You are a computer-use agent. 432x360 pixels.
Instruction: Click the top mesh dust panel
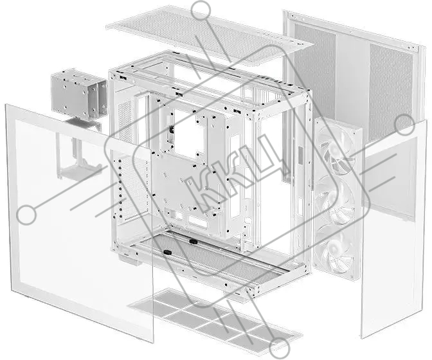point(210,36)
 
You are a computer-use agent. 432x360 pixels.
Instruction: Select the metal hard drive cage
point(79,94)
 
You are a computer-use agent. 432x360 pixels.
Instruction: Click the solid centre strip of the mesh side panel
point(352,83)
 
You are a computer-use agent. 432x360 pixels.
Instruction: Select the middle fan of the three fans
point(337,200)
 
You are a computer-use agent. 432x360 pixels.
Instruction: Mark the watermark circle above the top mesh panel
point(201,10)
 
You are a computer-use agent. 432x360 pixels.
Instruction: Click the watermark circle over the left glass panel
point(26,215)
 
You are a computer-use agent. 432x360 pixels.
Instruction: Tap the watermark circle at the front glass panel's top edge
point(404,125)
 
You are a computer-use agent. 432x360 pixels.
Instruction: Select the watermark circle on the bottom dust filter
point(279,348)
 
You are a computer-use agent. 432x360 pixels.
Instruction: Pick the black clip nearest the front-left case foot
point(167,252)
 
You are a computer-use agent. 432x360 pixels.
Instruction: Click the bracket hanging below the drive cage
point(78,150)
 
